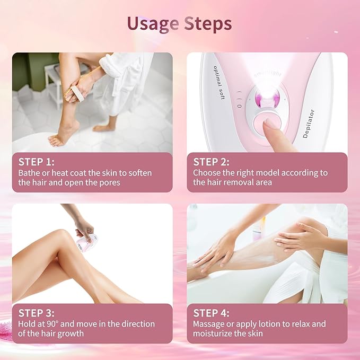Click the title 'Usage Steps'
(179, 24)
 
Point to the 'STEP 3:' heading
(37, 313)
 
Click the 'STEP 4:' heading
(212, 313)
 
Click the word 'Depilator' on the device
(309, 124)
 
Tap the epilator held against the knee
(87, 243)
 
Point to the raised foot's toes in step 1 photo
(54, 140)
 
